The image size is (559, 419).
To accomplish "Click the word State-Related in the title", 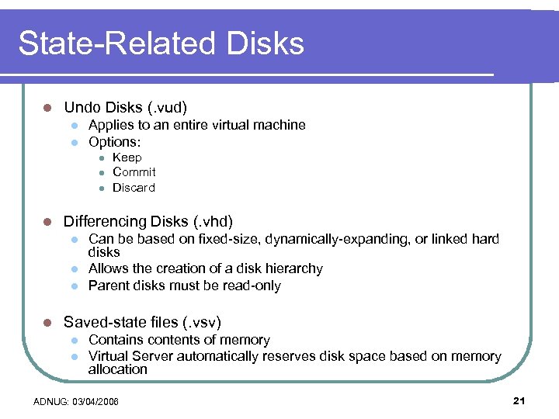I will pos(116,43).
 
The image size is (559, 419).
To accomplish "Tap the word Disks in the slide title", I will pos(265,43).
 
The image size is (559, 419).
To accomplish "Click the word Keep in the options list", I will pos(127,157).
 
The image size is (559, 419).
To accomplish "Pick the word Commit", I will pos(134,172).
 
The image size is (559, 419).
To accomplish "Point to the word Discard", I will pos(134,188).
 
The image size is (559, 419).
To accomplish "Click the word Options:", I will pos(115,142).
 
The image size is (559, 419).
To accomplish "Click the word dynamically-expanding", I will pos(332,239).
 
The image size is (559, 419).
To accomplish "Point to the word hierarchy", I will pos(289,268).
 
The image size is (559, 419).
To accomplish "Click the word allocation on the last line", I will pos(118,369).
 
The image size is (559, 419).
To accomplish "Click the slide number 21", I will pos(519,400).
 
